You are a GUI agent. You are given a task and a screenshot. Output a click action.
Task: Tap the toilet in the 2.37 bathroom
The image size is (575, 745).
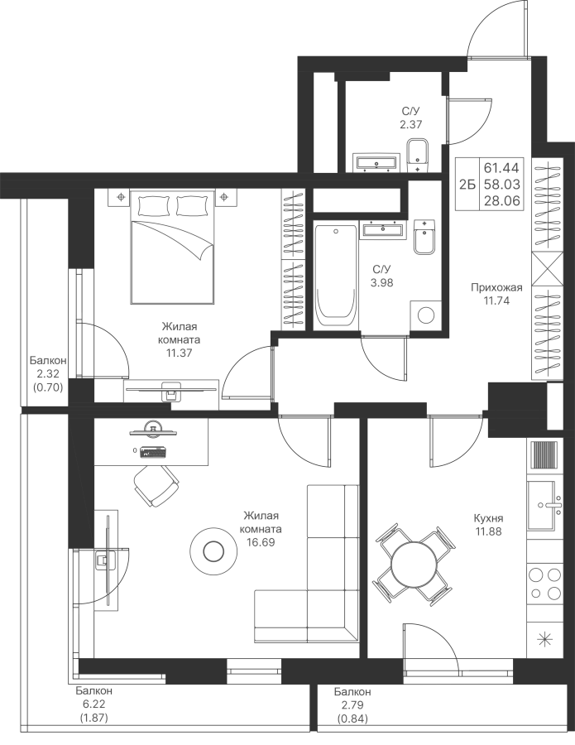(x=419, y=156)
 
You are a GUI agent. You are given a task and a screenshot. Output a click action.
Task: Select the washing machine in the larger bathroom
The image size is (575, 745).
(x=426, y=315)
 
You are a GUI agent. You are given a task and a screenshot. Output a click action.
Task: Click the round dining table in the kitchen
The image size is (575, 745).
(x=413, y=564)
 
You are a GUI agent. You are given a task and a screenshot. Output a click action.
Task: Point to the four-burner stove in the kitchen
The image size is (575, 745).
(x=544, y=584)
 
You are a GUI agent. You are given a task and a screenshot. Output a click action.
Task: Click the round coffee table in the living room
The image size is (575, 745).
(x=213, y=550)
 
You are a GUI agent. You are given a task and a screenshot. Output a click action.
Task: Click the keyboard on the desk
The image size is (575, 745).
(x=153, y=451)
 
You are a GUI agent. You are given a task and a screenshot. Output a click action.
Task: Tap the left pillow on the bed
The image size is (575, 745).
(x=153, y=206)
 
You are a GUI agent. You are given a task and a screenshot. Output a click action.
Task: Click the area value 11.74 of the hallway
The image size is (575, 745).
(x=496, y=300)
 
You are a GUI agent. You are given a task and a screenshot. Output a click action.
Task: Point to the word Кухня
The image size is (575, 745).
(x=489, y=518)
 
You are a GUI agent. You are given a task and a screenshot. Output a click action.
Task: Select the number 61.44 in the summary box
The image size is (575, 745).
(x=502, y=168)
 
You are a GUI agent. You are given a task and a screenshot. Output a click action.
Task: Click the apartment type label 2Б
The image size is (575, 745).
(x=467, y=185)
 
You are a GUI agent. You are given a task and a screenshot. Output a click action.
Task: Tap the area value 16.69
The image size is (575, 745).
(x=261, y=541)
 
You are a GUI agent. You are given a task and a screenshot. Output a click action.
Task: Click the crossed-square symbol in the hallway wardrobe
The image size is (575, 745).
(x=548, y=269)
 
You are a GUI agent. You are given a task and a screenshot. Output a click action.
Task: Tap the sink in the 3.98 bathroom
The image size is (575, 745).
(x=383, y=230)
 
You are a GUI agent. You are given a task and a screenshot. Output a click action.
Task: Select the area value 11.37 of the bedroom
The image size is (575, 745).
(x=180, y=353)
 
